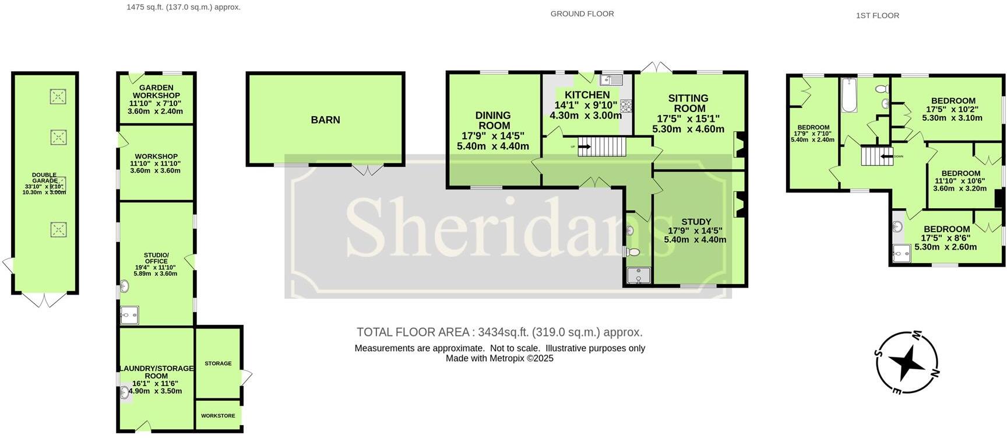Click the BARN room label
tap(325, 120)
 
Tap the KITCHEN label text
tap(587, 94)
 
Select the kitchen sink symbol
tap(611, 80)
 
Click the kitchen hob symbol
tap(626, 106)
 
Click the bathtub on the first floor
tap(848, 95)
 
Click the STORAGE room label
tap(218, 363)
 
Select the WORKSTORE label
tap(218, 416)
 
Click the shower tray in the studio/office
tap(129, 316)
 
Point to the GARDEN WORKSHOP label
tap(156, 92)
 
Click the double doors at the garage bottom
tap(45, 300)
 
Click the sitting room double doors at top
tap(656, 67)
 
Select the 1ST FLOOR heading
tap(877, 16)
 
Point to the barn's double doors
tap(368, 170)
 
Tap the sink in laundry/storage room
tap(125, 393)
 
